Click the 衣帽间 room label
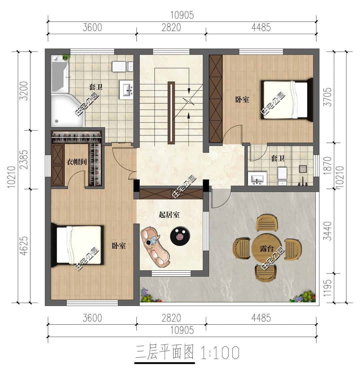tap(77, 162)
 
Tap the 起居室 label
tap(169, 215)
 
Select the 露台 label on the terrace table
tap(267, 249)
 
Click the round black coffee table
tap(180, 236)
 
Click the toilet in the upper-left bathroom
tap(123, 66)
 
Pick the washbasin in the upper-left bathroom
tap(126, 90)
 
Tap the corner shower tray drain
tap(56, 121)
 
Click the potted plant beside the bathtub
tap(66, 57)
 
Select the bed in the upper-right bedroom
tap(287, 99)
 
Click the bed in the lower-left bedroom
tap(78, 245)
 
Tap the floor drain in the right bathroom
tap(303, 169)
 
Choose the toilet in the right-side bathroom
tap(282, 176)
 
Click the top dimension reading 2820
tap(171, 28)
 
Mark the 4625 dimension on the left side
tap(24, 246)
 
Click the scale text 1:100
tap(220, 353)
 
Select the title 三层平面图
tap(165, 352)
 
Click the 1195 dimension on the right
tap(327, 288)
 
